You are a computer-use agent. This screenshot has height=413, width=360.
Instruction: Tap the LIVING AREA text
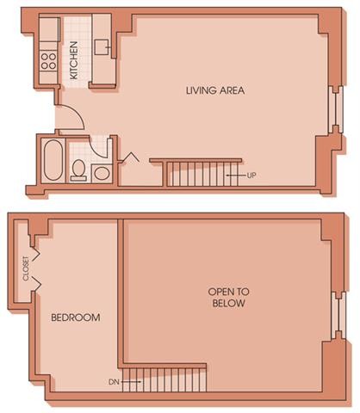[216, 89]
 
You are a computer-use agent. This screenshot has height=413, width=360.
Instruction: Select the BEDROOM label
[75, 317]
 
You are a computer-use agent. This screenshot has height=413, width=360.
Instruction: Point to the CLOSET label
[25, 268]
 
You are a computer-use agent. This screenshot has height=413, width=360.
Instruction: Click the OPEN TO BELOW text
[227, 297]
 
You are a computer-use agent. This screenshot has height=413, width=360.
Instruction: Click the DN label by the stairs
[114, 380]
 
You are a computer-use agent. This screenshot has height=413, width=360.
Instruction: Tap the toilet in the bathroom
[78, 170]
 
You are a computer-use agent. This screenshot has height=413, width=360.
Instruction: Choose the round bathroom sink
[101, 171]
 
